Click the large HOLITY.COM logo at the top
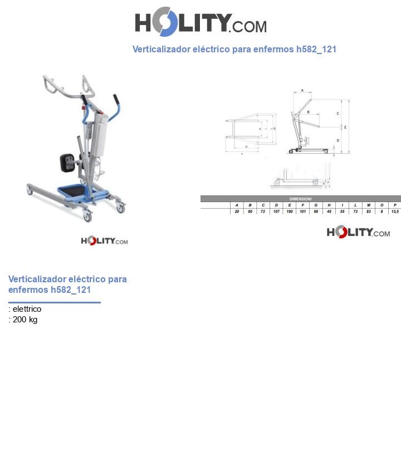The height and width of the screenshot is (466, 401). tap(200, 22)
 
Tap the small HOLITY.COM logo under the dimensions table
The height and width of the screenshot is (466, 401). tap(358, 232)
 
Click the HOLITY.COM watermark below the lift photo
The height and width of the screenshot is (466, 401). tap(104, 241)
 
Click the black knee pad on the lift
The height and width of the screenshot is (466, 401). tap(69, 163)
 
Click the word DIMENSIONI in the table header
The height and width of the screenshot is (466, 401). tap(301, 199)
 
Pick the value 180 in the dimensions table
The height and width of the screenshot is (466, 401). tap(290, 212)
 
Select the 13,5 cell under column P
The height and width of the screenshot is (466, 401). tap(395, 212)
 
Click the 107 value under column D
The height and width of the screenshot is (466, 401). tap(276, 212)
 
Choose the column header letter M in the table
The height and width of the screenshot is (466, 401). tap(369, 205)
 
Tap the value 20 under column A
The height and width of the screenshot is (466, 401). tap(237, 212)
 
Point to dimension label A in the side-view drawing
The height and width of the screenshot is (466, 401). tap(302, 90)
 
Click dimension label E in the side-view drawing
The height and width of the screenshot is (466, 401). tap(345, 127)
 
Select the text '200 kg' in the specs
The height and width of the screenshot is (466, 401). tap(25, 320)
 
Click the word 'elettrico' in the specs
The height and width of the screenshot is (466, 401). tap(27, 309)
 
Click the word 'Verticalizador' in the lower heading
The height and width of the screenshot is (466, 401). tap(36, 279)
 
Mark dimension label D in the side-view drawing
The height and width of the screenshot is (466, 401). tap(338, 140)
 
